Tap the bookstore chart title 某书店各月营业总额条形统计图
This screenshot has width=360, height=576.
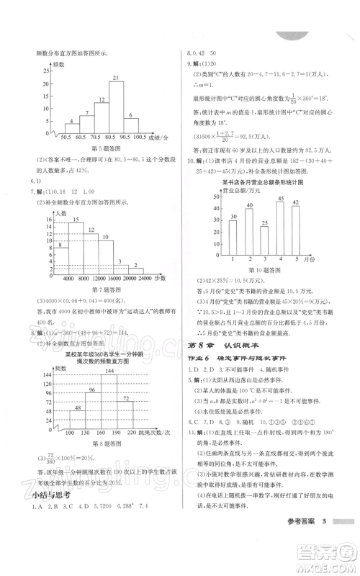(264, 182)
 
